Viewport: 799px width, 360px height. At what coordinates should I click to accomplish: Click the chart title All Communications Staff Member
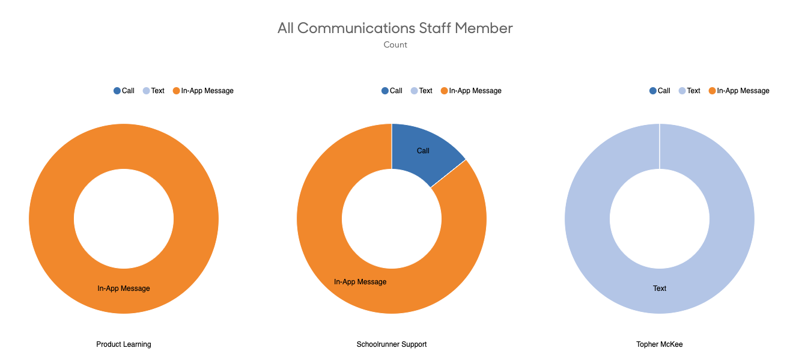[395, 28]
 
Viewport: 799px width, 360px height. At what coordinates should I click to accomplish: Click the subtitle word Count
[395, 45]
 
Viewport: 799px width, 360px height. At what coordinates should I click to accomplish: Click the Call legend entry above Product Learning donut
[124, 91]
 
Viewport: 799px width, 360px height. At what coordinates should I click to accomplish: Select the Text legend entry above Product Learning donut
[154, 91]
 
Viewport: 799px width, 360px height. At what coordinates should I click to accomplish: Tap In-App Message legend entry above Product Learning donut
[203, 91]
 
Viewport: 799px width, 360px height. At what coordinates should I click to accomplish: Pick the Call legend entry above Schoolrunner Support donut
[392, 91]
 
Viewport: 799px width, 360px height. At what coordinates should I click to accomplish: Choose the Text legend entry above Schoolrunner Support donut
[422, 91]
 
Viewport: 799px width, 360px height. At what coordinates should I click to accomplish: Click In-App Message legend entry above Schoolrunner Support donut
[471, 91]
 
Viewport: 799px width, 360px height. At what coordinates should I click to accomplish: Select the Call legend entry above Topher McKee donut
[660, 91]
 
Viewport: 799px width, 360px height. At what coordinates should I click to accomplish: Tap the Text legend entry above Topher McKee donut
[690, 91]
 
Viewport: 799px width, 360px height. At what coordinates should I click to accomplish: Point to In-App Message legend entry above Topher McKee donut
[739, 91]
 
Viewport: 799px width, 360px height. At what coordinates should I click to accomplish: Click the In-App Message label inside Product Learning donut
[124, 288]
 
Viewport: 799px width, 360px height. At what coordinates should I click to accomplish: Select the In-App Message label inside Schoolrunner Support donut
[360, 282]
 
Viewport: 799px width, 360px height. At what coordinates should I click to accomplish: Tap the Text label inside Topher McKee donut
[660, 288]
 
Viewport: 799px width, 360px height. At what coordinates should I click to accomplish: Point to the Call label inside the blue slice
[423, 151]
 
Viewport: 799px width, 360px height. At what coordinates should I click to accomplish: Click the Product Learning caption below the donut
[124, 344]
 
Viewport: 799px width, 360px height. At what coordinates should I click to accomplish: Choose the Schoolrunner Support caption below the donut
[392, 344]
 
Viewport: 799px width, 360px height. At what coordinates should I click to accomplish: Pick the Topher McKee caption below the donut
[660, 344]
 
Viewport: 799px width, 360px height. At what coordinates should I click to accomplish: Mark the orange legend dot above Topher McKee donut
[712, 91]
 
